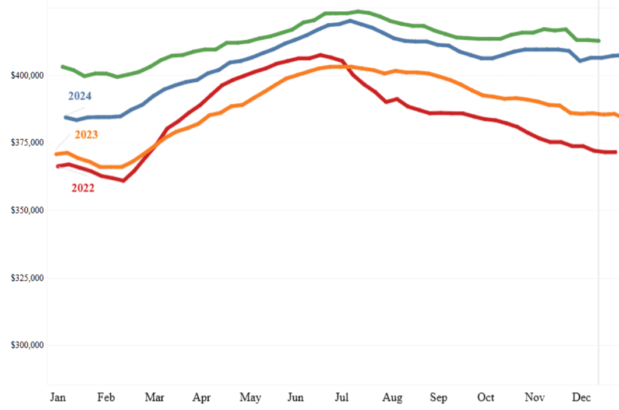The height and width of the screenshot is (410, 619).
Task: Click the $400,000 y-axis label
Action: pos(28,75)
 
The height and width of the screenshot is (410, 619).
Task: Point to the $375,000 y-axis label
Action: pos(28,143)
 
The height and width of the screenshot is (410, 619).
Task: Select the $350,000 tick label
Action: pos(28,210)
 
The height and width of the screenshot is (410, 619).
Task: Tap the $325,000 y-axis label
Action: pos(28,278)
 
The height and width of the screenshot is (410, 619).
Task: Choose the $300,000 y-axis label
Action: pos(28,345)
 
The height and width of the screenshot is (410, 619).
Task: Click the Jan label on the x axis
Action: pos(58,397)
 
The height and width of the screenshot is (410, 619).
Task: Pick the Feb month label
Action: pos(106,397)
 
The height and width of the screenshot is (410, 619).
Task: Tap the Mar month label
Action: pos(154,397)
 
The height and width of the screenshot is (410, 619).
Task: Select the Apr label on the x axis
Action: pos(202,397)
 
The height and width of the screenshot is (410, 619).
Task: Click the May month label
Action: pos(250,397)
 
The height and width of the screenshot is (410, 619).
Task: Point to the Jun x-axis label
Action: pos(296,397)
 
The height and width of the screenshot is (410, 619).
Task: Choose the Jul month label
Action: pos(342,397)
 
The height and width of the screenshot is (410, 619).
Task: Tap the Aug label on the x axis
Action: pos(392,397)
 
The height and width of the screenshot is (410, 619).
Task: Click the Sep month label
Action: pos(438,397)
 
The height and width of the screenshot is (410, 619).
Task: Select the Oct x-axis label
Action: pos(486,397)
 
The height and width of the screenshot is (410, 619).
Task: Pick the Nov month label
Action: pos(534,397)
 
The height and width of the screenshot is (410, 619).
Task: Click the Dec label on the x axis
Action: pos(581,397)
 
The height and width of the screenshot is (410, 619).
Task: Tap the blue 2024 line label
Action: pos(80,96)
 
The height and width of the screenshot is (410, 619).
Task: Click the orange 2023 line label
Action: pos(86,135)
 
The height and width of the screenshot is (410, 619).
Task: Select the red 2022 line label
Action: pos(83,188)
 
